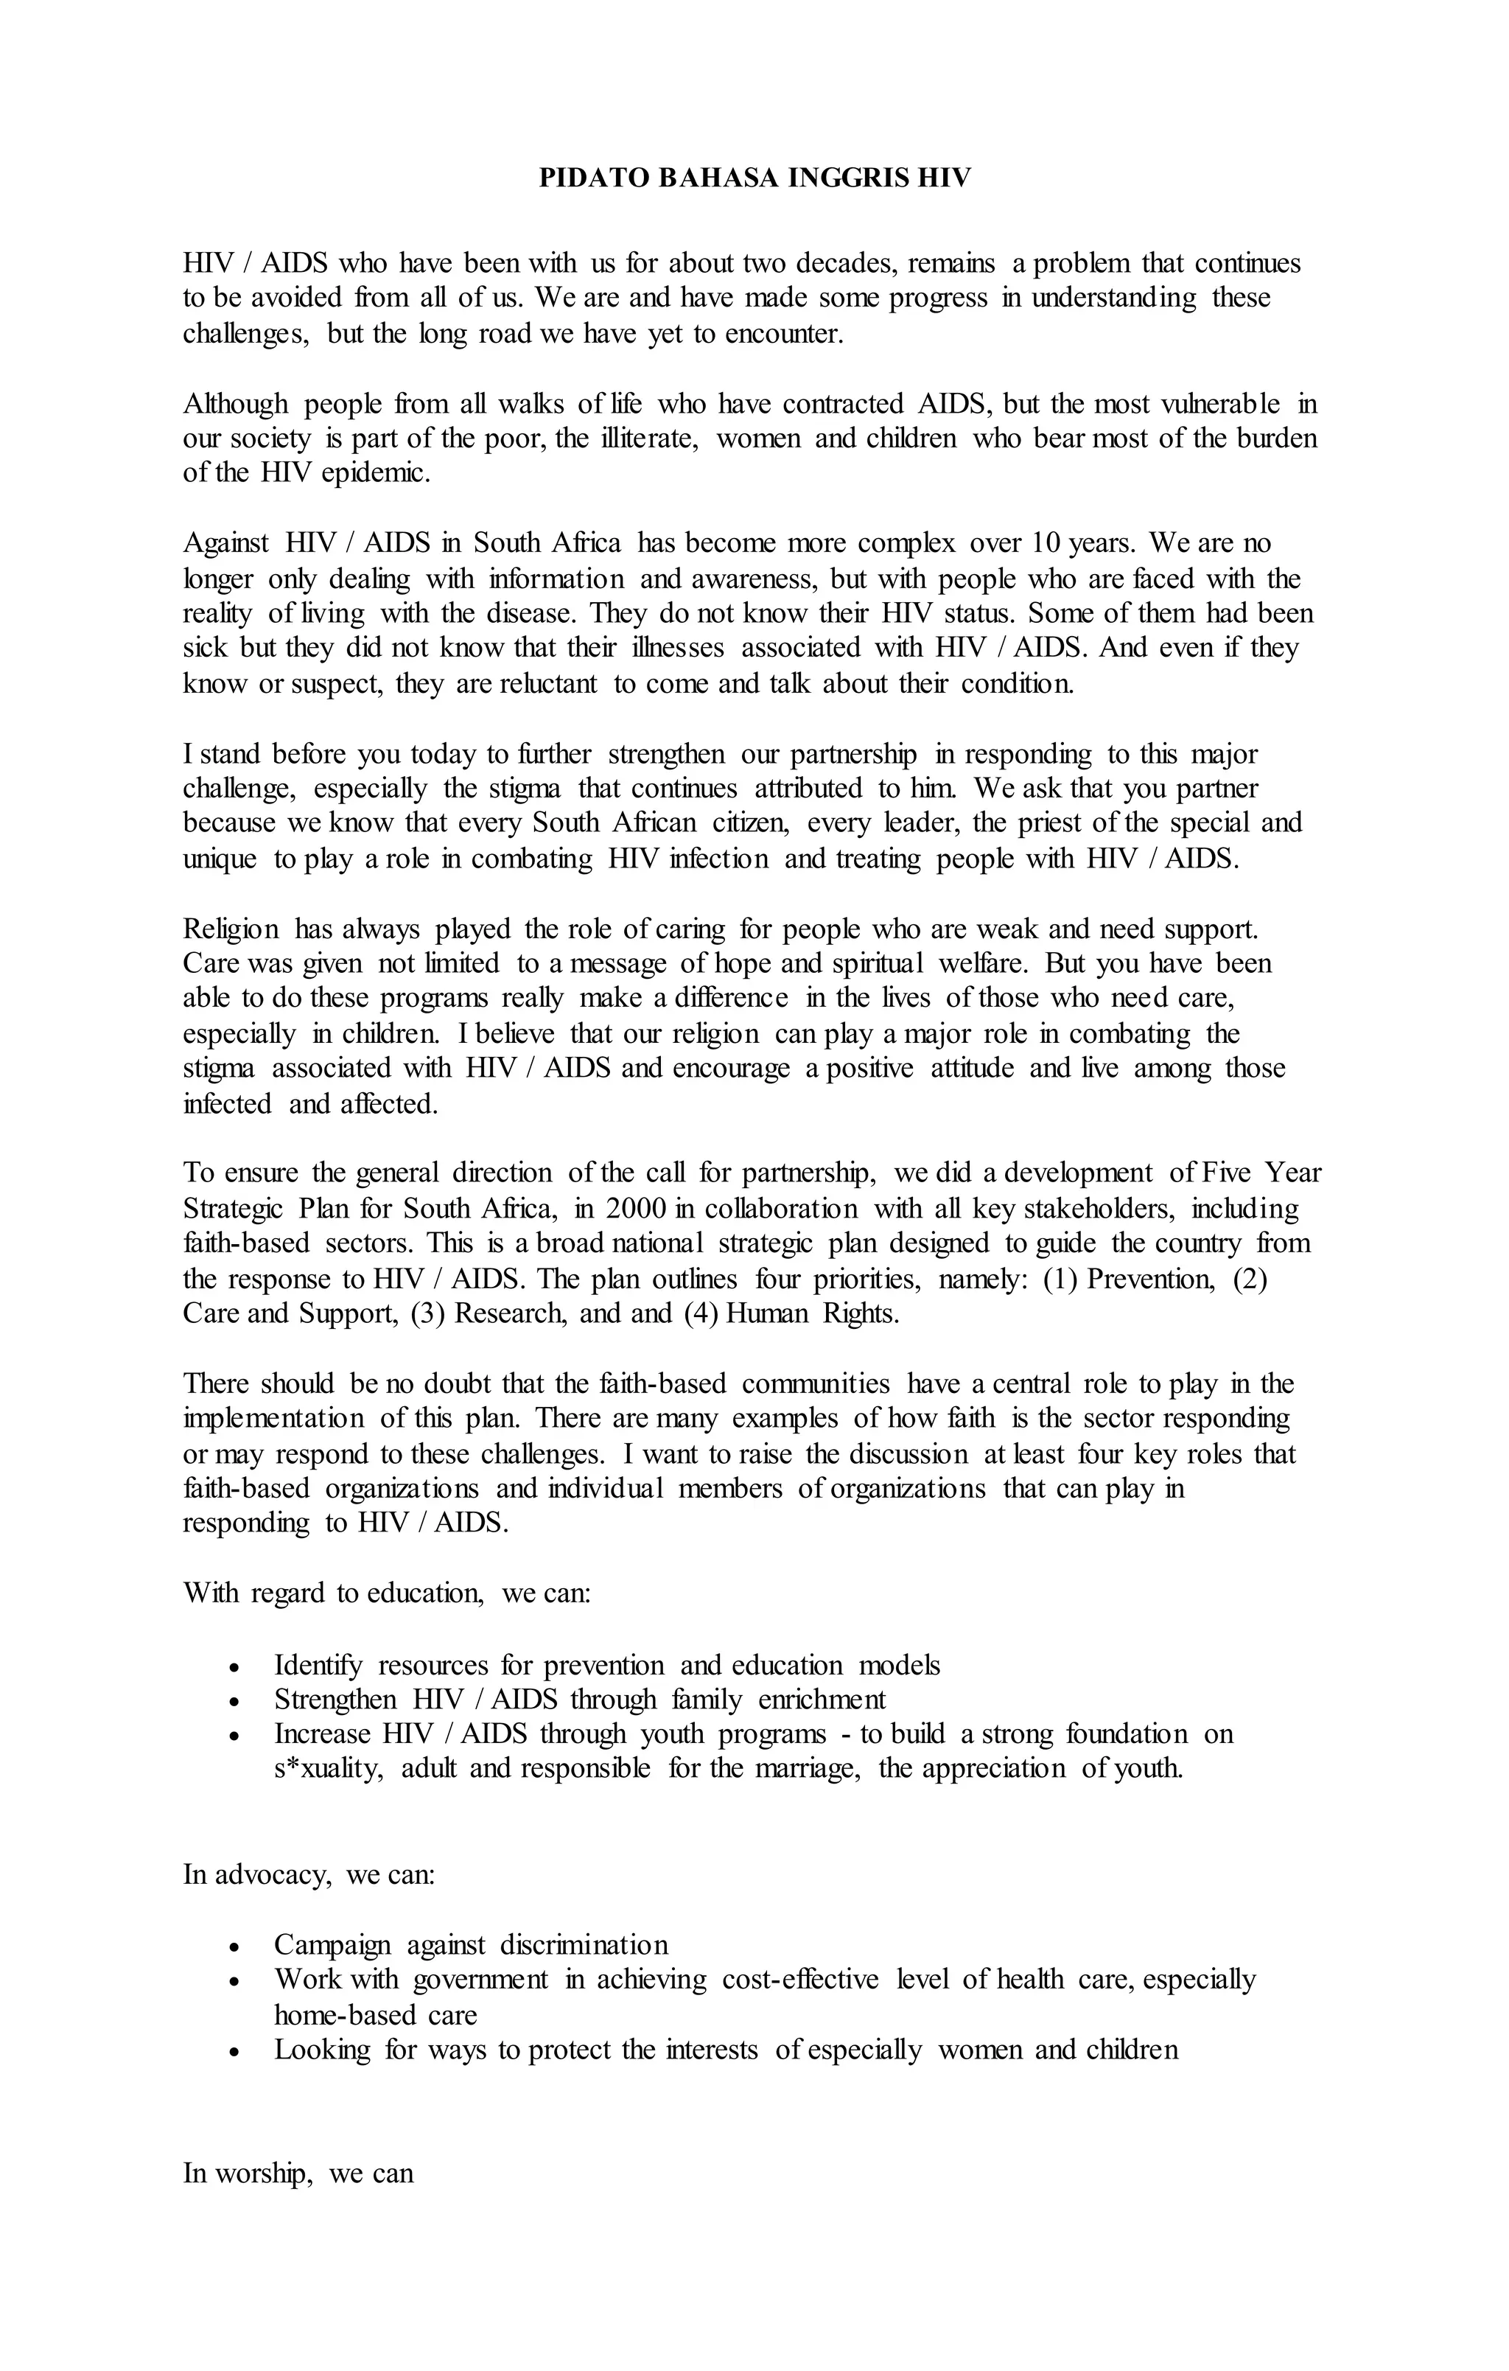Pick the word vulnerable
point(1221,404)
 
